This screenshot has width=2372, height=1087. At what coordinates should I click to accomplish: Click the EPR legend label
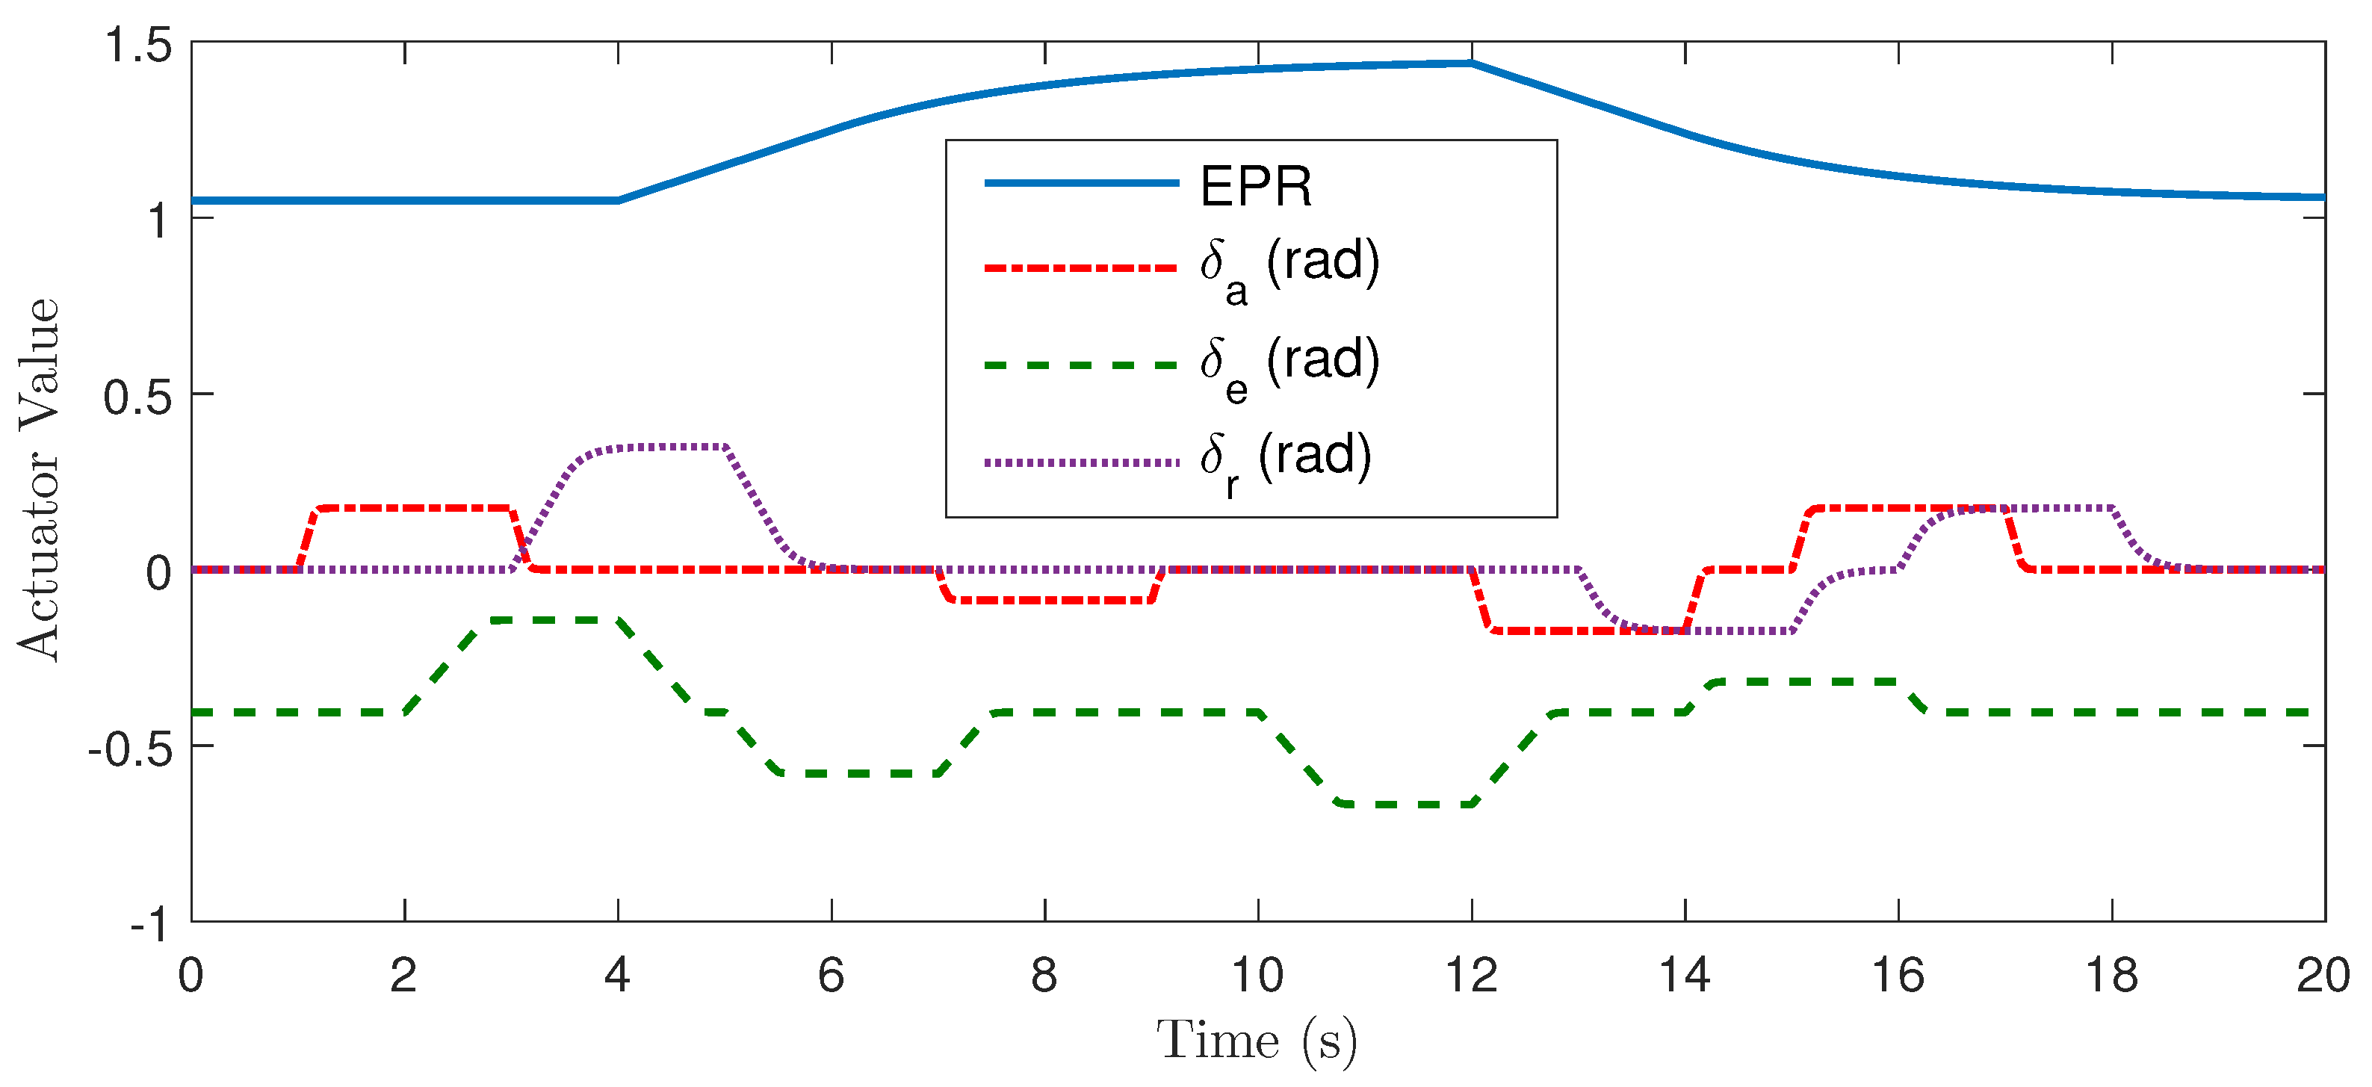coord(1255,186)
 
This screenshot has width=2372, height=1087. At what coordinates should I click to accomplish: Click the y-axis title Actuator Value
coord(39,479)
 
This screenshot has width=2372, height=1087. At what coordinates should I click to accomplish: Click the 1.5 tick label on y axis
coord(138,44)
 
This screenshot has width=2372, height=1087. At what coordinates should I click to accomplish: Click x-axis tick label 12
coord(1470,976)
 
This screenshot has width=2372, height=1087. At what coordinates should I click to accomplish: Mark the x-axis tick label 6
coord(831,976)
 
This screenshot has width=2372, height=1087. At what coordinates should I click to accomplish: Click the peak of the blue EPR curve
coord(1470,63)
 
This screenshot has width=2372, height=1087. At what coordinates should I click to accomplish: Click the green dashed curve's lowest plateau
coord(1409,804)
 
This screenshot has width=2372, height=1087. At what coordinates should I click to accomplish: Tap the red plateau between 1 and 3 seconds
coord(415,507)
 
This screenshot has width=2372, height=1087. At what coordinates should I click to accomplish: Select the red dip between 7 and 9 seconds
coord(1050,601)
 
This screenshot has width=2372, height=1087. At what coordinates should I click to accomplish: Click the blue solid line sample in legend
coord(1081,182)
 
